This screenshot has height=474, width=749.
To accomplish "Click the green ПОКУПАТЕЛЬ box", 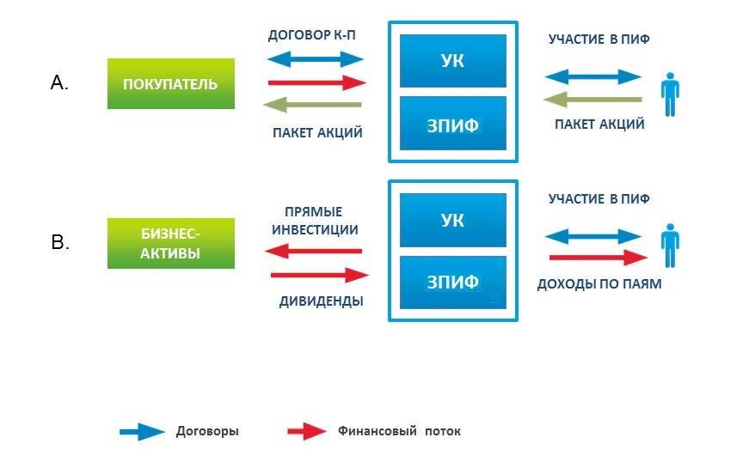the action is click(171, 84).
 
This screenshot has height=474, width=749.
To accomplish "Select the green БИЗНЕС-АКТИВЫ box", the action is click(171, 243).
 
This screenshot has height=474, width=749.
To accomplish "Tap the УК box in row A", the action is click(453, 61).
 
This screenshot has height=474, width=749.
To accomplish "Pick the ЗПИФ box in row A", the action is click(453, 124).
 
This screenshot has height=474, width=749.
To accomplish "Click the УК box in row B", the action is click(453, 221).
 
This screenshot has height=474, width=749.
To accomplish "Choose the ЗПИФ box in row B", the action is click(453, 283).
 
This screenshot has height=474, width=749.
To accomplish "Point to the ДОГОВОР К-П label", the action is click(312, 35).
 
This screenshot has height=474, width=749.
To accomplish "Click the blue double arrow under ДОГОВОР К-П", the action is click(316, 59).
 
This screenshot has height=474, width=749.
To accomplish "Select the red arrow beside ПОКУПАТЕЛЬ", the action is click(317, 83).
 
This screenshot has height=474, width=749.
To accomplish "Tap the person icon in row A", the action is click(670, 94).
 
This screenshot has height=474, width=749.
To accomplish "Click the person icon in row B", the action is click(670, 246).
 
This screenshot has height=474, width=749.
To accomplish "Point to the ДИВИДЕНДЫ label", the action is click(322, 301).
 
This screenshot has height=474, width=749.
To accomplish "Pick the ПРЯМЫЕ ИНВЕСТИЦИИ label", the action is click(315, 221).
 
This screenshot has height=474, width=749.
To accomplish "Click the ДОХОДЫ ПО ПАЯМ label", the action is click(599, 284).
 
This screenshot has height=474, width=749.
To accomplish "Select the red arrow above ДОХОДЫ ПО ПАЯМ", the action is click(598, 258).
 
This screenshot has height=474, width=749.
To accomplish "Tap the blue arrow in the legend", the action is click(143, 432).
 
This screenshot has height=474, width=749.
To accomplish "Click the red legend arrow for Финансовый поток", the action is click(307, 432).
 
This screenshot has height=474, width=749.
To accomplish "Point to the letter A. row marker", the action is click(59, 83).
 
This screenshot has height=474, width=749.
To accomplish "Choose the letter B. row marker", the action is click(60, 242).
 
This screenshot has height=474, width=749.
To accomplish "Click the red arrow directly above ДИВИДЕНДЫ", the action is click(320, 275).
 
